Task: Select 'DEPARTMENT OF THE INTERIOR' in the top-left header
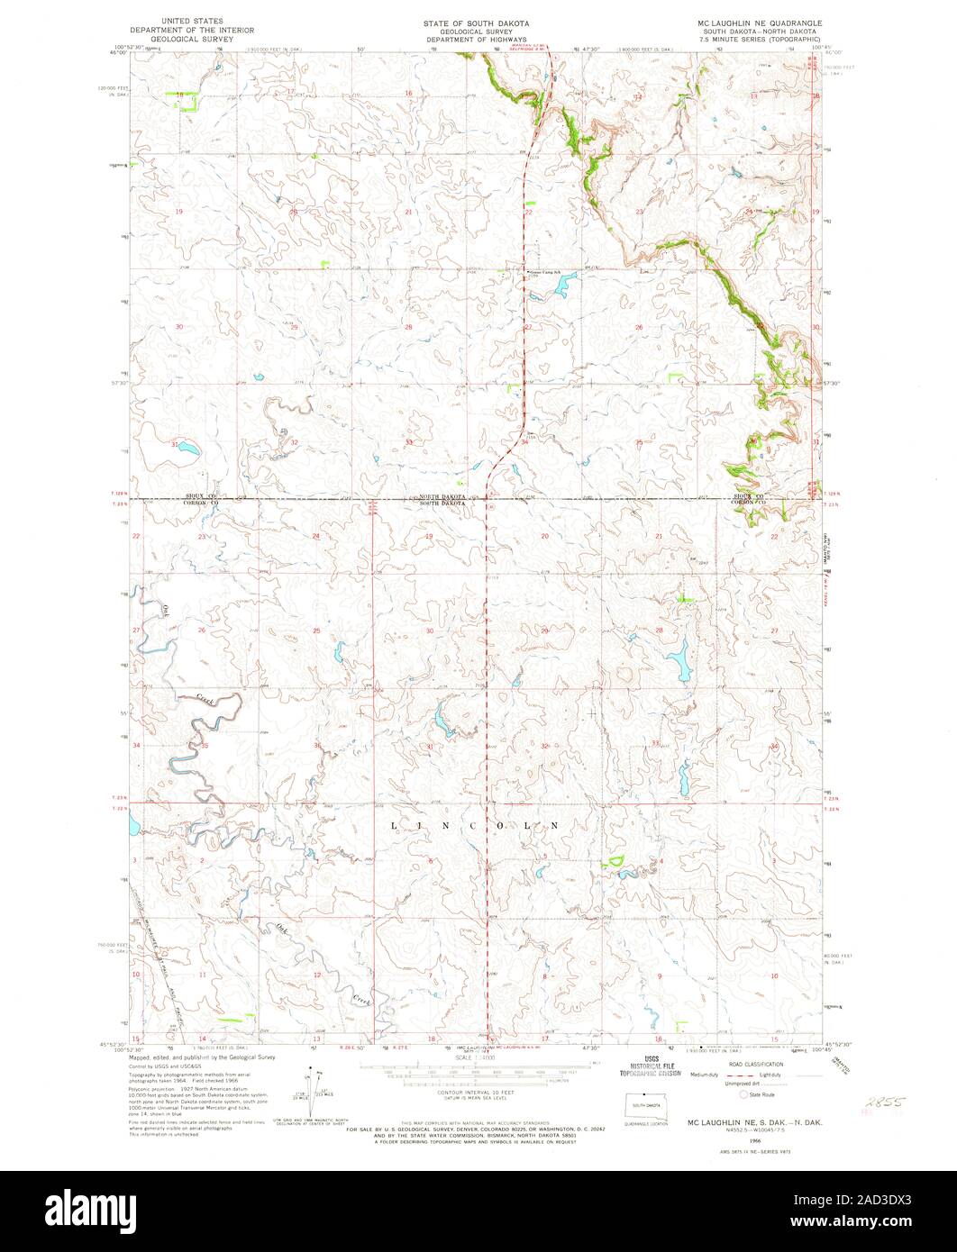point(190,30)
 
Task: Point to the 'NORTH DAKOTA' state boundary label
point(441,495)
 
